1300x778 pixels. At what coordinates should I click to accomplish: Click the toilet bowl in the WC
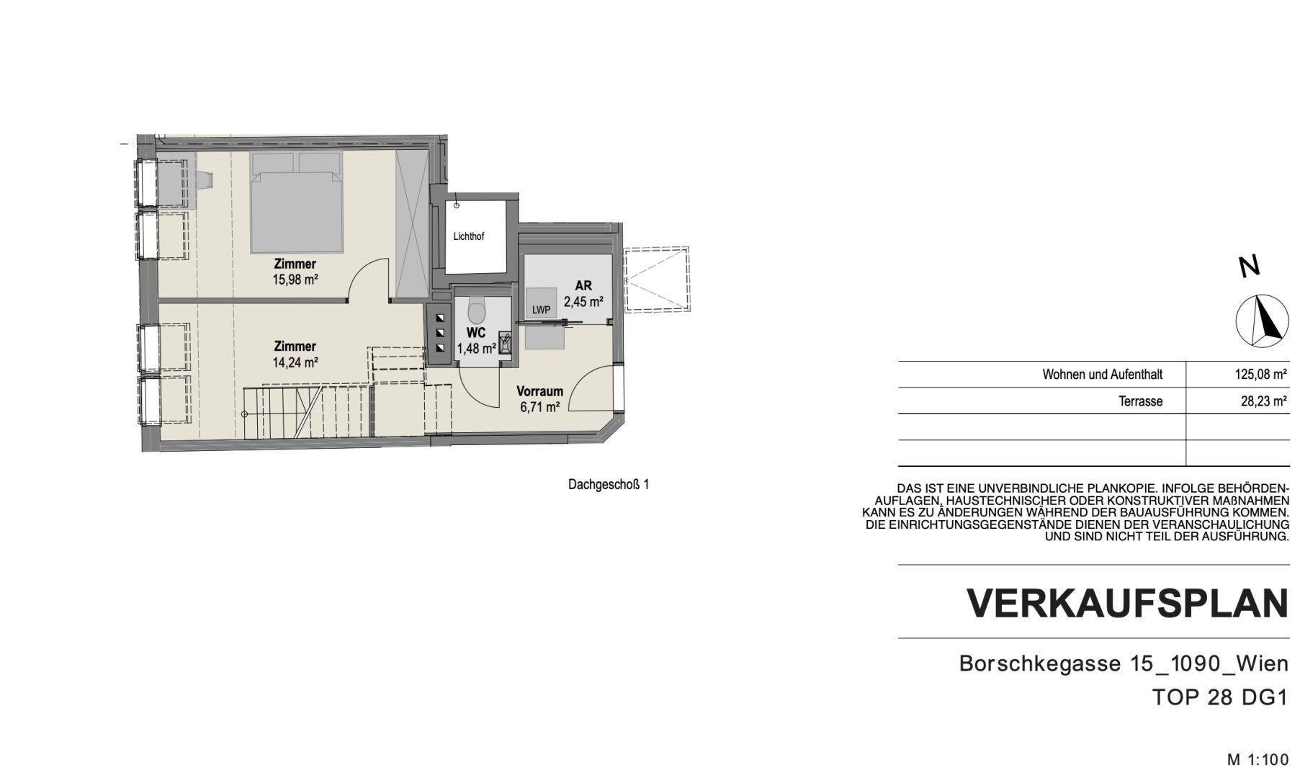coord(477,309)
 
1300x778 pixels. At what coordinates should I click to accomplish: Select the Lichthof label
coord(469,236)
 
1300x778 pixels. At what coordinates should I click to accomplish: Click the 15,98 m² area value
coord(295,280)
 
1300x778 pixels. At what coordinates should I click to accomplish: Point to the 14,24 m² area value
coord(295,362)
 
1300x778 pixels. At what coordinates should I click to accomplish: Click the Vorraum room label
coord(539,392)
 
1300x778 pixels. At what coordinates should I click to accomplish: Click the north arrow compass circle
coord(1263,321)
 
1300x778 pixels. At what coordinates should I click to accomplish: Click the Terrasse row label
coord(1140,401)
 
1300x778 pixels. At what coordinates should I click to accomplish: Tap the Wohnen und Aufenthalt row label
coord(1103,375)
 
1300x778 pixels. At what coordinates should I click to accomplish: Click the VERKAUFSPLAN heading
coord(1127,604)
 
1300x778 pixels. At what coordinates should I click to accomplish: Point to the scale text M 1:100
coord(1258,759)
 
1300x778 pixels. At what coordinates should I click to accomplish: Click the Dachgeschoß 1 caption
coord(609,485)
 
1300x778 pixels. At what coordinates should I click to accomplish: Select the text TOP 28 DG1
coord(1219,697)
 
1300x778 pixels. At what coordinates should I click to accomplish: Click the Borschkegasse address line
coord(1124,663)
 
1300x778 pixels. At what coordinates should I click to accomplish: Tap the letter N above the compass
coord(1250,267)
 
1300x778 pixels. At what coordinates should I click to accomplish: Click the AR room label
coord(583,286)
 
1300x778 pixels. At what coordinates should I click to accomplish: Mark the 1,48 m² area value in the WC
coord(476,349)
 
